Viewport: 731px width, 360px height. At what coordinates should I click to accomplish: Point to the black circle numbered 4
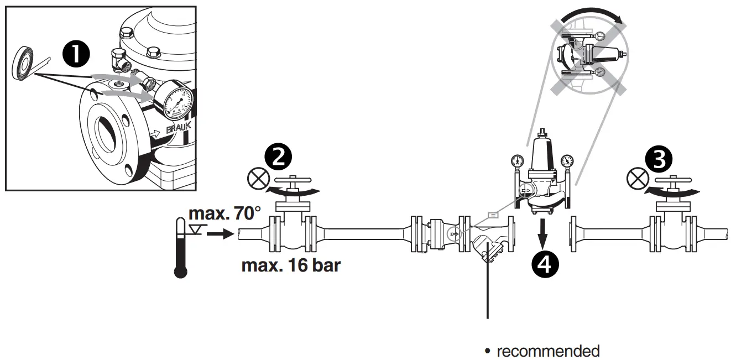[x=544, y=264]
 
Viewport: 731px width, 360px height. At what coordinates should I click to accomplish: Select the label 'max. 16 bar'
[x=291, y=265]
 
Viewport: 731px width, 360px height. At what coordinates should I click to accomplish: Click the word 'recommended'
[x=547, y=351]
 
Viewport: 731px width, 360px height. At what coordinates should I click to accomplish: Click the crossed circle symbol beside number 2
[x=256, y=179]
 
